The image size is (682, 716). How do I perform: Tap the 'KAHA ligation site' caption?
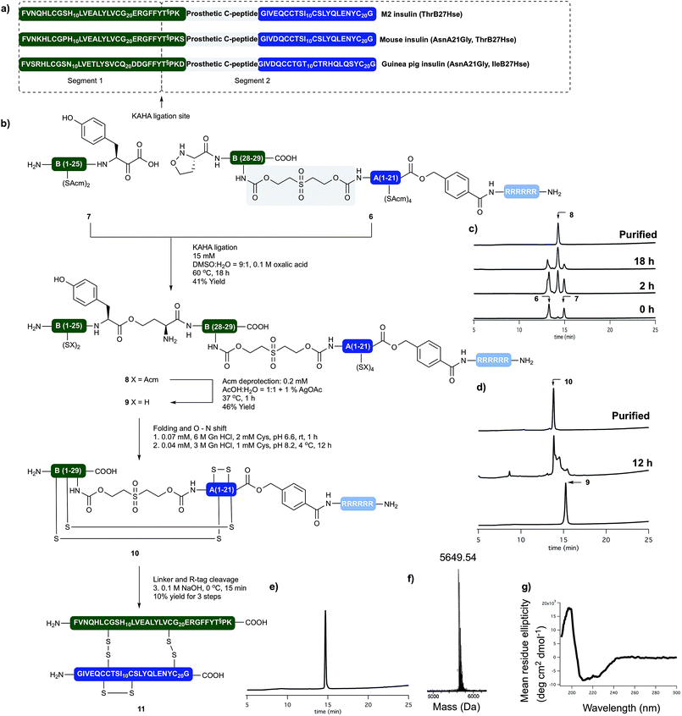click(x=162, y=111)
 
